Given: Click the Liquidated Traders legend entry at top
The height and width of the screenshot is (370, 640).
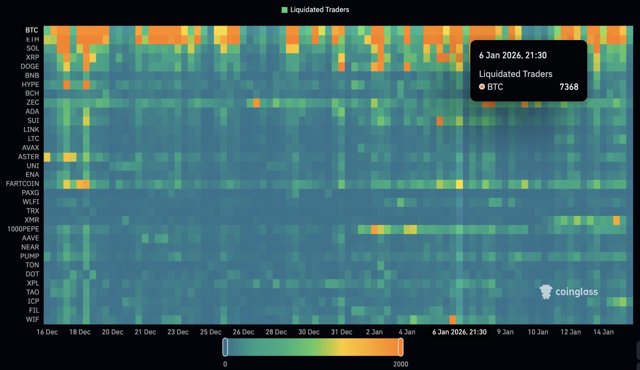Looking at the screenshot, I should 315,9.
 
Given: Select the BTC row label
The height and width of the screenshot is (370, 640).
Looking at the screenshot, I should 31,30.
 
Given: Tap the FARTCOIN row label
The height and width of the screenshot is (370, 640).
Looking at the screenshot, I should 22,183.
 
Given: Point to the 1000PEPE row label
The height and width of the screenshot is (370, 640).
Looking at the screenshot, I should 23,229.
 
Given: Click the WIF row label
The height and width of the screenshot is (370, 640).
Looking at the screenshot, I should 32,319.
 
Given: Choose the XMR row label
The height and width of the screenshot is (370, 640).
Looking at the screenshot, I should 32,220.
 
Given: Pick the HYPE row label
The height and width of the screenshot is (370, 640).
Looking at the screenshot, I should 30,84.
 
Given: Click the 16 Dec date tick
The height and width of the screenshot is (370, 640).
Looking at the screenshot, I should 47,332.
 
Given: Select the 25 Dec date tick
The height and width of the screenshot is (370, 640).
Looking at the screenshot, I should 211,332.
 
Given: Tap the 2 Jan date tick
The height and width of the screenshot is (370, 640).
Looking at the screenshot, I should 374,332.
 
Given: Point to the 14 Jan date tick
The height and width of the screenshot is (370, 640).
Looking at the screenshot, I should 603,332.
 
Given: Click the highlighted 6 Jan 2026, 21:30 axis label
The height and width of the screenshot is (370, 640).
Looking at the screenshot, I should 459,332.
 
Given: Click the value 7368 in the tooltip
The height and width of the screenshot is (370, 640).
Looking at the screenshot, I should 569,87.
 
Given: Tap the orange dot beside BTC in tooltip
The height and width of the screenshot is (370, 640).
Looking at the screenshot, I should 482,87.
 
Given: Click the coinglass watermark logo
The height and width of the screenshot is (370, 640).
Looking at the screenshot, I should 569,292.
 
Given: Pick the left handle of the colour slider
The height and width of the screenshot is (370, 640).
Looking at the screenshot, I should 225,347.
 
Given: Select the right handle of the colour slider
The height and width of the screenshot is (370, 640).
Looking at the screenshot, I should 400,347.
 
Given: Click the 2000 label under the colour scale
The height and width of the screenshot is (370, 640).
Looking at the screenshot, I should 400,364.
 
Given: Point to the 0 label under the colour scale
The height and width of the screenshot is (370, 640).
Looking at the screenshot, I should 225,364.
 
